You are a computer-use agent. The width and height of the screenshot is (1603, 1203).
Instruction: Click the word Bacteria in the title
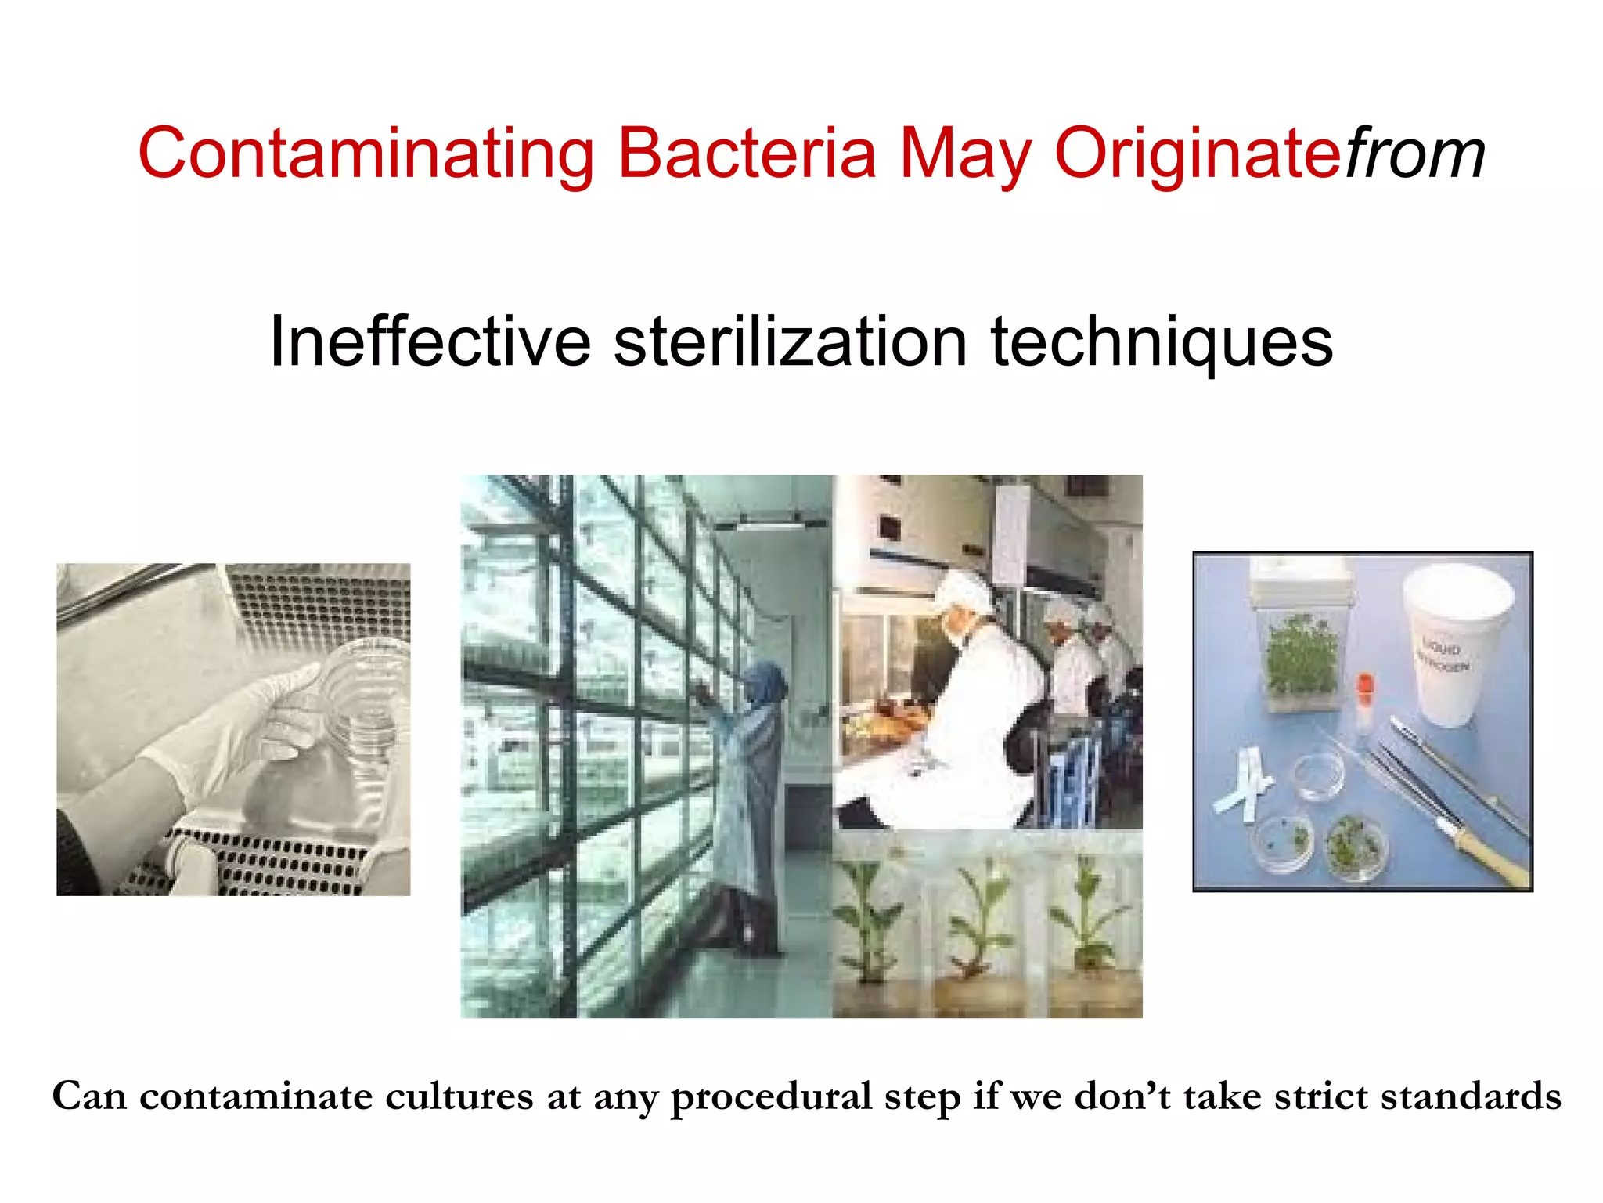point(747,153)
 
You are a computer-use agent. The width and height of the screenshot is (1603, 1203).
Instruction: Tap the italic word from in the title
point(1414,153)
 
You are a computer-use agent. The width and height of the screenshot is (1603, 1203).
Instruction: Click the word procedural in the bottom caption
point(771,1096)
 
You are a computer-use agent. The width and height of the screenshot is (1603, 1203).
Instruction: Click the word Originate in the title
point(1198,153)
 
